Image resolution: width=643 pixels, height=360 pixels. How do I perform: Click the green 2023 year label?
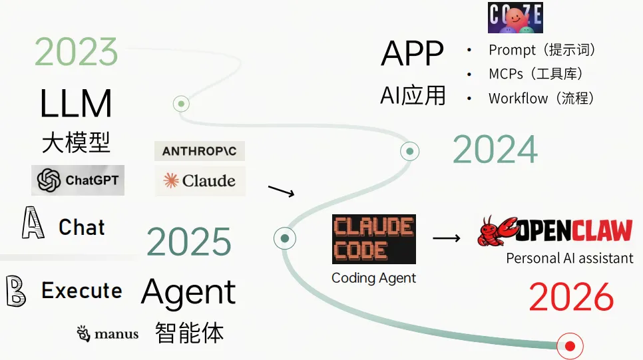point(76,52)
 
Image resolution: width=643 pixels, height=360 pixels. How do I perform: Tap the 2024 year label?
point(495,150)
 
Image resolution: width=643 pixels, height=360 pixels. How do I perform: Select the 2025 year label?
point(189,242)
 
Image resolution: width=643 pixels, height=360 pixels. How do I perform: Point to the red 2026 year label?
point(571,297)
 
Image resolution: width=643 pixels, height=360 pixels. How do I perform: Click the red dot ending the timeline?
point(570,346)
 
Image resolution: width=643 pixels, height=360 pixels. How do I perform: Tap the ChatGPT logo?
point(78,180)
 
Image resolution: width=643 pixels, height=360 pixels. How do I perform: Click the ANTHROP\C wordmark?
point(200,151)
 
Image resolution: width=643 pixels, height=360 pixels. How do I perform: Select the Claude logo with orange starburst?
point(200,181)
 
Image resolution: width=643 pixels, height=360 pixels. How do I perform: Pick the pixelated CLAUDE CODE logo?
point(373,239)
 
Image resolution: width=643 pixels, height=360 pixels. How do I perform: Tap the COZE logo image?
point(515,18)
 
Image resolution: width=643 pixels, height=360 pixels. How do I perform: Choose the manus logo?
point(108,333)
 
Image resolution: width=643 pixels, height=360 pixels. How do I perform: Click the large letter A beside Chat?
point(33,224)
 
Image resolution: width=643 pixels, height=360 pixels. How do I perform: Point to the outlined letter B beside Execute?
point(16,291)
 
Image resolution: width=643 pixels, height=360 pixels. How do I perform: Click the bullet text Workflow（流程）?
point(540,98)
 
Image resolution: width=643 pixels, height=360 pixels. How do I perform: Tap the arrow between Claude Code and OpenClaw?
point(447,238)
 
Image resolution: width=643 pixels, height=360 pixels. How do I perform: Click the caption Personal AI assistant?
point(570,258)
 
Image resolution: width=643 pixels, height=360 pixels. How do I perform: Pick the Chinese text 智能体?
point(189,332)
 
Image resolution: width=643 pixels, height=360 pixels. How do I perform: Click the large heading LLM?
point(75,104)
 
